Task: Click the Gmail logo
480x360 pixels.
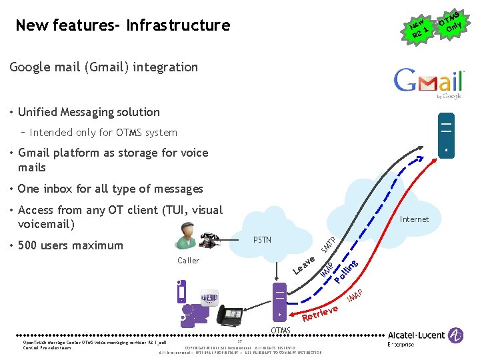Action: [428, 81]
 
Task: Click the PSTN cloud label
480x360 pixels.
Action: [263, 239]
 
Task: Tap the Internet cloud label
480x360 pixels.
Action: [414, 219]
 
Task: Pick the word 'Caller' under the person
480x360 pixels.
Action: [188, 260]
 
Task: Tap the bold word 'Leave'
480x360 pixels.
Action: [305, 265]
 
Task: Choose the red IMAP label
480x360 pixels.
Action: [355, 294]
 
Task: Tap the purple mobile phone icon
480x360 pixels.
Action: [182, 291]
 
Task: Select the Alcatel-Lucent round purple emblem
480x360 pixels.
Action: [457, 335]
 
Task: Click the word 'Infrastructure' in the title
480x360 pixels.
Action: [178, 26]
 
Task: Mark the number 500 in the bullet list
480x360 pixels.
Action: [28, 245]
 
